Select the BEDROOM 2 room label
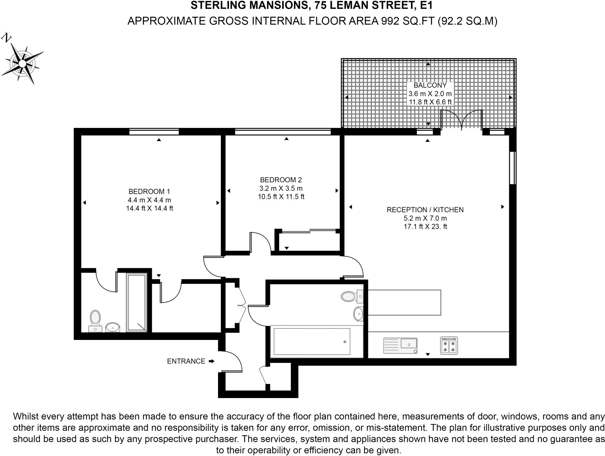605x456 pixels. (x=281, y=180)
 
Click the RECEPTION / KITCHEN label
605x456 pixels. (x=425, y=210)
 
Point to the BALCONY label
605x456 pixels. (x=430, y=85)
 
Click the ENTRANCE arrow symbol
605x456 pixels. (x=212, y=361)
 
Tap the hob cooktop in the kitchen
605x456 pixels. (x=449, y=346)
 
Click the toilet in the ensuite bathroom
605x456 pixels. (x=95, y=320)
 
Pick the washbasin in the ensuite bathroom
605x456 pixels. (x=113, y=327)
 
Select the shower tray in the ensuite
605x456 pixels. (x=136, y=303)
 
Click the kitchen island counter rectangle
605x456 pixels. (x=404, y=302)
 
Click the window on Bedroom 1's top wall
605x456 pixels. (x=154, y=132)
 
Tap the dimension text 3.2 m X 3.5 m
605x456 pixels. (x=281, y=188)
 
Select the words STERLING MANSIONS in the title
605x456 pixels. (x=249, y=5)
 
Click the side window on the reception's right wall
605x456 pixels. (x=513, y=168)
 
